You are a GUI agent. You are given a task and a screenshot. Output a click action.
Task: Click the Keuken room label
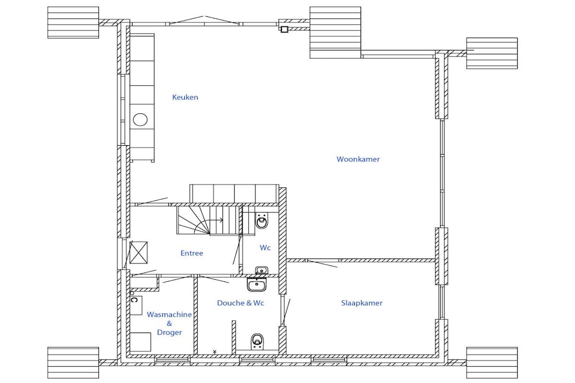[185, 97]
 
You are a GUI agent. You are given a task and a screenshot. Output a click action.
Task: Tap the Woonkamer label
[358, 159]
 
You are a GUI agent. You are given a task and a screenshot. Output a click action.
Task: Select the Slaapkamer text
[362, 303]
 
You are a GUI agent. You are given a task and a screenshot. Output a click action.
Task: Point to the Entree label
[192, 253]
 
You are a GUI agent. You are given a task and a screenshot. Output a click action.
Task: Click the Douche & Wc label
[240, 303]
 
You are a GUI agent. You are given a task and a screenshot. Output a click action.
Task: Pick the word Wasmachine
[170, 314]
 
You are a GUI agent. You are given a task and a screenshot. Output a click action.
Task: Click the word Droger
[170, 333]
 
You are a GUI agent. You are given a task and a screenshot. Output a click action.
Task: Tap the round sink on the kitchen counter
[140, 119]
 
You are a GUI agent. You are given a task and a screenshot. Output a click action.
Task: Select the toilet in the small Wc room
[262, 220]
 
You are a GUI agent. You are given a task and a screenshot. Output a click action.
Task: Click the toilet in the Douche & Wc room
[257, 341]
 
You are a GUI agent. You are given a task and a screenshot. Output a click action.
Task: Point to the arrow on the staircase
[217, 220]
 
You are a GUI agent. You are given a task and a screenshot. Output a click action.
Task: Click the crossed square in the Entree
[139, 252]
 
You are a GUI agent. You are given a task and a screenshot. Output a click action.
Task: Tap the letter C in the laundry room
[134, 300]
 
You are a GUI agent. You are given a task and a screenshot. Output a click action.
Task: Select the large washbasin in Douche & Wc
[257, 284]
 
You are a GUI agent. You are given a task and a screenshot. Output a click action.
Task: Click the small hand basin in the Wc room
[262, 271]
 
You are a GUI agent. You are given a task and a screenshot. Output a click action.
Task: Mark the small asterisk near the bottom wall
[215, 352]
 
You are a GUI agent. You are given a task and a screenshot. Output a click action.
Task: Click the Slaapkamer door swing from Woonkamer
[322, 263]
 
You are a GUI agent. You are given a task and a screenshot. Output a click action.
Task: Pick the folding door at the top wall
[203, 20]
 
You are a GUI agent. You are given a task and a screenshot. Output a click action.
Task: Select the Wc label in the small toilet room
[265, 247]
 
